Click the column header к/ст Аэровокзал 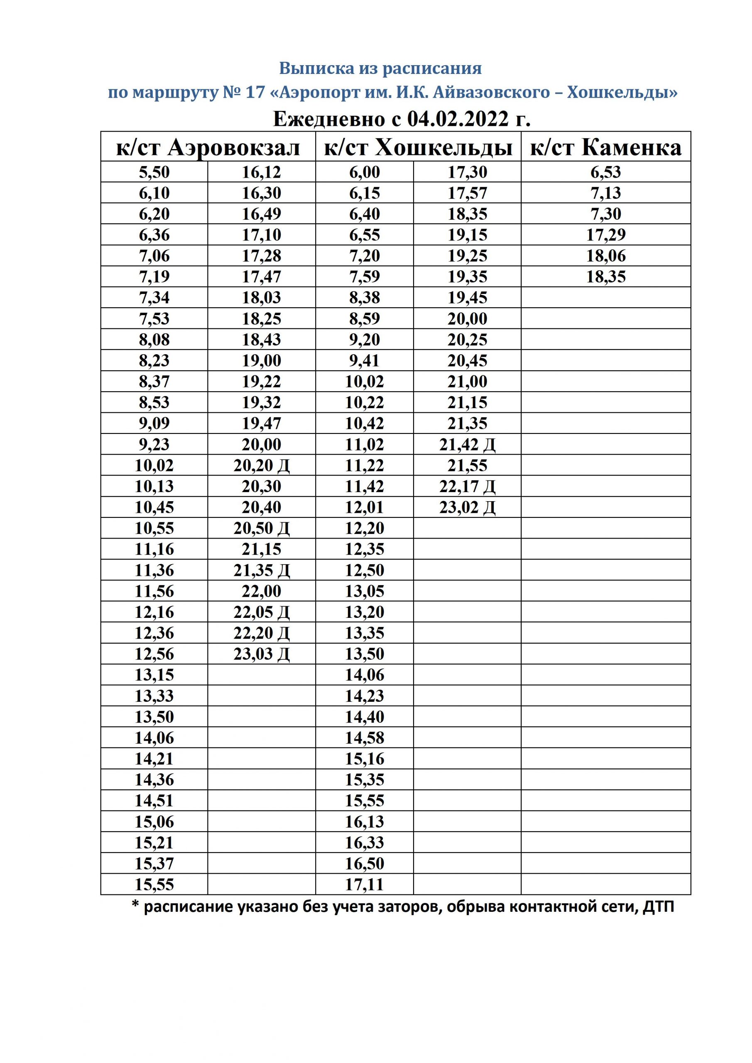(208, 148)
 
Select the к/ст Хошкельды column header (418, 148)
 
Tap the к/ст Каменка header (606, 148)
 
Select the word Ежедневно (329, 119)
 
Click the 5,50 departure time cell (154, 172)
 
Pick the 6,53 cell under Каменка (606, 172)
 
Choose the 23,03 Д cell (262, 654)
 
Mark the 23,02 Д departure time (467, 507)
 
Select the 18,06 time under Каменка (606, 255)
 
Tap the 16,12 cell (262, 172)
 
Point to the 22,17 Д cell (467, 486)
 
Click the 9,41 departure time (365, 360)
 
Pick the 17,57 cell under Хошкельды (467, 193)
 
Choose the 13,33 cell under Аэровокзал (154, 696)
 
